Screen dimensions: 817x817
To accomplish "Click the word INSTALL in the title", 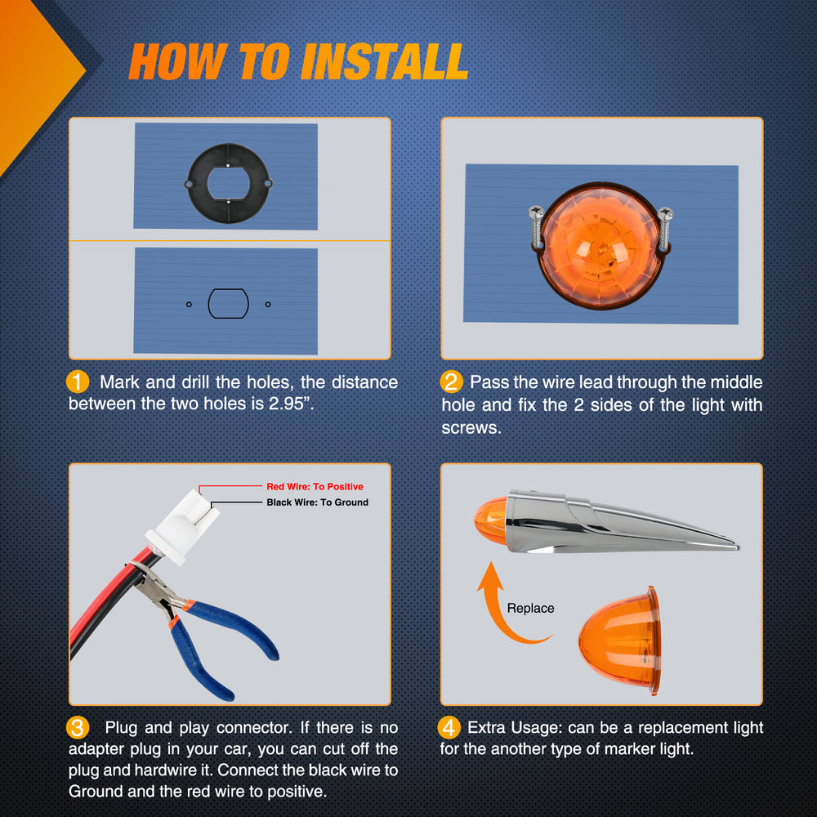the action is click(x=384, y=61).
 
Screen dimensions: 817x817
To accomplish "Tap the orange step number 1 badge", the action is click(x=78, y=382).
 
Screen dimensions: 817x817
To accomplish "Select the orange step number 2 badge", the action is click(x=451, y=382).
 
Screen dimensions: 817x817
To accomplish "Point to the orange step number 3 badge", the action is click(x=78, y=727).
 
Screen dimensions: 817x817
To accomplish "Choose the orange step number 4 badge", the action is click(x=449, y=727).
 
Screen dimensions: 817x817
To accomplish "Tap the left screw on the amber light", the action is click(x=536, y=226).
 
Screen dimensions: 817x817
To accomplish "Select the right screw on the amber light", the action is click(x=665, y=229).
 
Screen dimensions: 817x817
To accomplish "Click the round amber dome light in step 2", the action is click(x=601, y=245).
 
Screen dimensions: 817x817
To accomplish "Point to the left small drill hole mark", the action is click(x=190, y=304).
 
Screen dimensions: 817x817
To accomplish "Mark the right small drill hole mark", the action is click(x=268, y=304).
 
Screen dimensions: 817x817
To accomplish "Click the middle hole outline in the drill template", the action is click(x=209, y=304).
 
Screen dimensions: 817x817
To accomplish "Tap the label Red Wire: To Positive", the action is click(x=315, y=487).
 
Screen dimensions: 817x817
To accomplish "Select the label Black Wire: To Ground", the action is click(x=317, y=502).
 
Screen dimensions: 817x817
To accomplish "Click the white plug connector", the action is click(x=182, y=527).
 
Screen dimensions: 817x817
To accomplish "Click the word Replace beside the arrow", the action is click(x=530, y=608).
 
